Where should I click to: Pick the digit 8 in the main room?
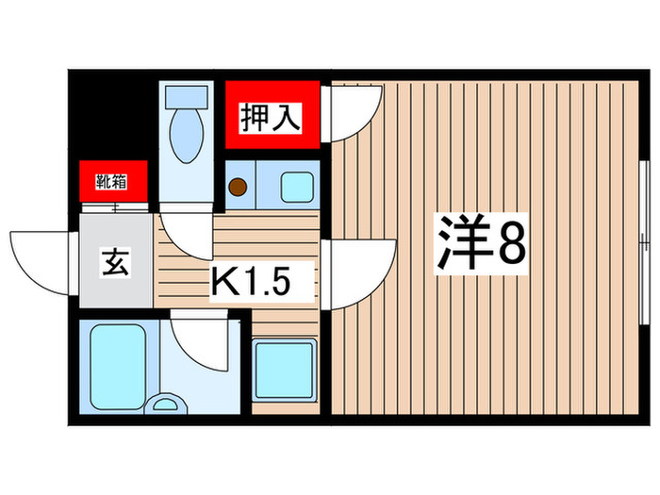click(511, 245)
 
